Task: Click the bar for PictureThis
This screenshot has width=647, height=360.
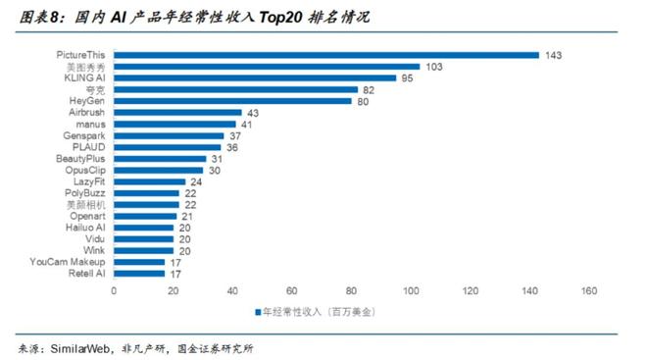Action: click(x=326, y=55)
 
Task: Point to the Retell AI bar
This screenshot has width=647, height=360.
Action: click(x=139, y=274)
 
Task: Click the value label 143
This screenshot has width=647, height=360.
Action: click(x=554, y=55)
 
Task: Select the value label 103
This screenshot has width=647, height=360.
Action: click(x=434, y=67)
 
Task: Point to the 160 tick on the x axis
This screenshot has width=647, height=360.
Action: click(x=588, y=290)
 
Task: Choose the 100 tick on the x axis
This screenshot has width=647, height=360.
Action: click(x=411, y=290)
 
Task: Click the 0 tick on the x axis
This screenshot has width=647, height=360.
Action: click(x=114, y=290)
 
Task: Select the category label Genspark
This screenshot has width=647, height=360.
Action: click(x=83, y=135)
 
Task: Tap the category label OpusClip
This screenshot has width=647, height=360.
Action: click(x=84, y=170)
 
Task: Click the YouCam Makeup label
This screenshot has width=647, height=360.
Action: click(x=68, y=262)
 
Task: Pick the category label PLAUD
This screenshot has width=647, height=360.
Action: click(x=88, y=147)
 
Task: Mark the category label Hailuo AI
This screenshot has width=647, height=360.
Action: click(x=83, y=228)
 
